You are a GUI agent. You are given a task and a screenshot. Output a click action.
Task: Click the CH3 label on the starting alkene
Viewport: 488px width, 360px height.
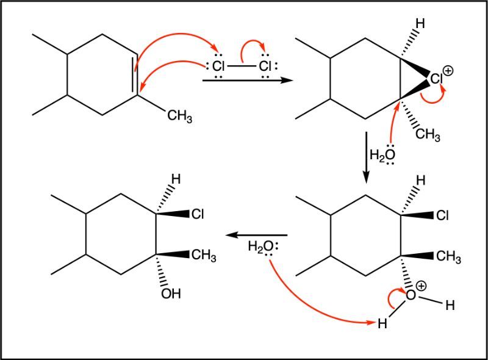click(179, 116)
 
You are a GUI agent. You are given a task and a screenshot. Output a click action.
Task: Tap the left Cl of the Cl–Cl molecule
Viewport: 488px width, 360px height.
click(218, 66)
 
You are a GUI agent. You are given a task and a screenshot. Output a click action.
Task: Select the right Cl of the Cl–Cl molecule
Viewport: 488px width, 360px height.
click(265, 66)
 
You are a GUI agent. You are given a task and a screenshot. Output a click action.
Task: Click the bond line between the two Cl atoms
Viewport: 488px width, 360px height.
click(242, 67)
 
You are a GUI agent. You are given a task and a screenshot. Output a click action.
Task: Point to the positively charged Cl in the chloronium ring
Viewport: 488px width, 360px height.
click(436, 79)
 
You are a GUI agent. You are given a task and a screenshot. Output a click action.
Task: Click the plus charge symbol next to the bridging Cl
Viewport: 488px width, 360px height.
click(448, 71)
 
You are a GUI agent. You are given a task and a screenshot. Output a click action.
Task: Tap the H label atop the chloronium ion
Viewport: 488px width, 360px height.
click(420, 23)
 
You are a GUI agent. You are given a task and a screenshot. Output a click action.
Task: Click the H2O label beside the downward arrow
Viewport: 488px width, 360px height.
click(382, 155)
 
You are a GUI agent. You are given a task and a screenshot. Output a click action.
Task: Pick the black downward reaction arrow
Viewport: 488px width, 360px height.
click(367, 157)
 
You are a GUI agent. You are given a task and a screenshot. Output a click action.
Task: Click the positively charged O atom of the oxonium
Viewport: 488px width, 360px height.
click(411, 295)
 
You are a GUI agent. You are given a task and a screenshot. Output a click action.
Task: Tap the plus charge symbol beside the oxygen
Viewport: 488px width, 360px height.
click(421, 286)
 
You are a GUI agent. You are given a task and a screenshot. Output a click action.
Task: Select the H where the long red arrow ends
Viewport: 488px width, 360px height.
click(382, 323)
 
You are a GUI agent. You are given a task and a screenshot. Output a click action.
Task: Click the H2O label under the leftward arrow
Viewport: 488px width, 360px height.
click(261, 247)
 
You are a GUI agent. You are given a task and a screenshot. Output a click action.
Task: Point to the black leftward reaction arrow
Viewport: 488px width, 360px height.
click(256, 235)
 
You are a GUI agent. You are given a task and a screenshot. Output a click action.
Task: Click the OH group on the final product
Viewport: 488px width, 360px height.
click(171, 293)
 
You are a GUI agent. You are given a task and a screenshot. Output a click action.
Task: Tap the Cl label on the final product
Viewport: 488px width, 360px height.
click(198, 214)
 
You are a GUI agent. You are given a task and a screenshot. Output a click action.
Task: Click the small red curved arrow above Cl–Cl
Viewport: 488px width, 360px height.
click(253, 48)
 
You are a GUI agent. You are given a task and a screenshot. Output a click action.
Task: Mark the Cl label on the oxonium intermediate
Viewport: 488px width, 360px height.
click(442, 215)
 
